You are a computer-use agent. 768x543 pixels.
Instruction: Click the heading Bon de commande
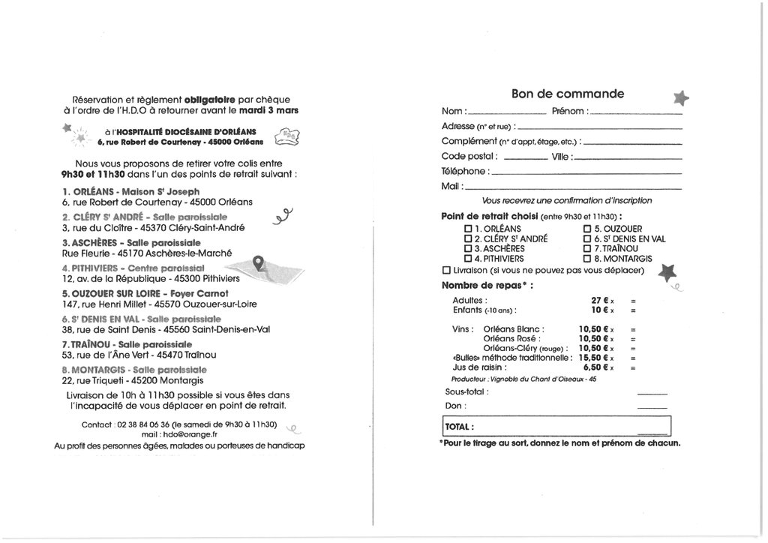[x=567, y=94]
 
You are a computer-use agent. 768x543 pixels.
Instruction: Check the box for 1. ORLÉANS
[x=468, y=229]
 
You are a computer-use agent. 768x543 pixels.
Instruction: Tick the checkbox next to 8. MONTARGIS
[x=587, y=258]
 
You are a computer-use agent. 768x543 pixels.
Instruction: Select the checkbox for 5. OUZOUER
[x=587, y=229]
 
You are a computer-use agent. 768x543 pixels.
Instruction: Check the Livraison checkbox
[x=447, y=270]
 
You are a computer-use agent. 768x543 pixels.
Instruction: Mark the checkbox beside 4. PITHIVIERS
[x=468, y=258]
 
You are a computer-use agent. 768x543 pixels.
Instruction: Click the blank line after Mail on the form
[x=574, y=187]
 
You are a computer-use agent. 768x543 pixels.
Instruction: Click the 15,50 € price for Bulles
[x=592, y=358]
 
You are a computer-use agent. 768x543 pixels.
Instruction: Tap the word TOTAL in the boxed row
[x=459, y=427]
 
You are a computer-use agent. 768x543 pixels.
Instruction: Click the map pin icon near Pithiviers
[x=259, y=262]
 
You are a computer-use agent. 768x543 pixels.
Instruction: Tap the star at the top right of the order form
[x=680, y=97]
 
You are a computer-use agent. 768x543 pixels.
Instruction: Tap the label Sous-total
[x=466, y=391]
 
